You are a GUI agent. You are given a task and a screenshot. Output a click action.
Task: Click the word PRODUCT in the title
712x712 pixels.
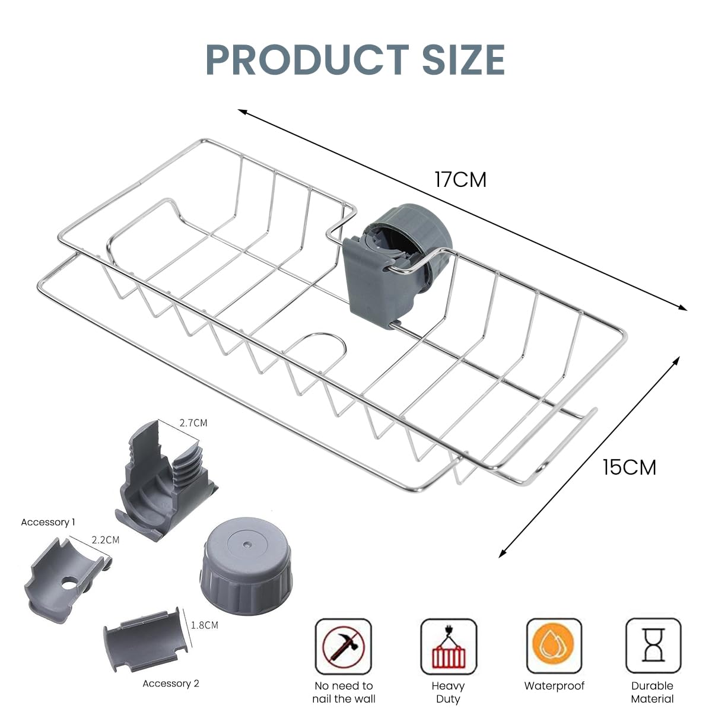pyautogui.click(x=307, y=59)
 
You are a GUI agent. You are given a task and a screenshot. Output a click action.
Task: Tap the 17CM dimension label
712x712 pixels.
pyautogui.click(x=460, y=179)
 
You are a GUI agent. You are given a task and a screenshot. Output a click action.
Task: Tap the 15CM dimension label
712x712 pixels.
pyautogui.click(x=630, y=468)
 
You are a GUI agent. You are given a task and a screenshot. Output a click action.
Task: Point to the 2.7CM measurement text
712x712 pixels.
pyautogui.click(x=193, y=423)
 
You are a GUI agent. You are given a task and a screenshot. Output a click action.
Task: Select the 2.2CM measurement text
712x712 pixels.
pyautogui.click(x=105, y=540)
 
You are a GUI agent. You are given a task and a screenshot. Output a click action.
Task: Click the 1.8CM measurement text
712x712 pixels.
pyautogui.click(x=205, y=625)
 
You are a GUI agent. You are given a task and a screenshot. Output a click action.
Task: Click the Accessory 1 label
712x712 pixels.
pyautogui.click(x=48, y=522)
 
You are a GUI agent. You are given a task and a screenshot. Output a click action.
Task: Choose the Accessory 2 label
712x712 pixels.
pyautogui.click(x=171, y=684)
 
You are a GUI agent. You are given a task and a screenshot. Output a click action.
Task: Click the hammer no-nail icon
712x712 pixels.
pyautogui.click(x=344, y=646)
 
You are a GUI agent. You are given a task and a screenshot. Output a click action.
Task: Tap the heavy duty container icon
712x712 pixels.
pyautogui.click(x=449, y=646)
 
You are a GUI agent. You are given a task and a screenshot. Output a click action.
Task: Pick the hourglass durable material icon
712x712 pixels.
pyautogui.click(x=653, y=645)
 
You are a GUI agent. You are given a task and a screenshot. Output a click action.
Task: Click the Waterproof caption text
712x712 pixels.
pyautogui.click(x=554, y=686)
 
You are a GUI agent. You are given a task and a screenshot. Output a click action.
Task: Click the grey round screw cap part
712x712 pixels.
pyautogui.click(x=246, y=561)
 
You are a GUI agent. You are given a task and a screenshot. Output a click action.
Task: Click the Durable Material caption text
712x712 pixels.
pyautogui.click(x=652, y=692)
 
